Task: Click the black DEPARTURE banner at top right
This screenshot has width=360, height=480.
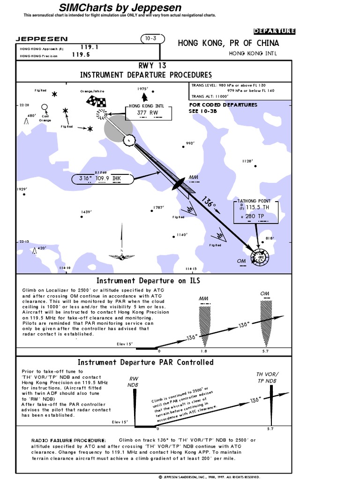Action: coord(274,31)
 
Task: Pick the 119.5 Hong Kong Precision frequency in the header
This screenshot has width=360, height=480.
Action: coord(81,54)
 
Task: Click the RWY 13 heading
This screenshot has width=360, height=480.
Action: coord(146,66)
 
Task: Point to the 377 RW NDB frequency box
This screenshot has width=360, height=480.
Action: coord(148,112)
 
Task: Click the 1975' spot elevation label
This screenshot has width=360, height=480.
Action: coord(142,89)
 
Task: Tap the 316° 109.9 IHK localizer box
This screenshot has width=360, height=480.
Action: coord(102,178)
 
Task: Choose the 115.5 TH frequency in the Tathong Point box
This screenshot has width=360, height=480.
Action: coord(258,207)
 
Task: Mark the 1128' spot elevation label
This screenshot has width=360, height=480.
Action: coord(247,161)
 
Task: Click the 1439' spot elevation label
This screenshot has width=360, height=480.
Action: coord(86,212)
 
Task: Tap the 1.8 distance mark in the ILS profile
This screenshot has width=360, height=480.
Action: coord(203,351)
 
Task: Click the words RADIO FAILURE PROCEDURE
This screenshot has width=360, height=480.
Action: coord(69,441)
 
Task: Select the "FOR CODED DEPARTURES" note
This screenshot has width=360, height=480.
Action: coord(223,105)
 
